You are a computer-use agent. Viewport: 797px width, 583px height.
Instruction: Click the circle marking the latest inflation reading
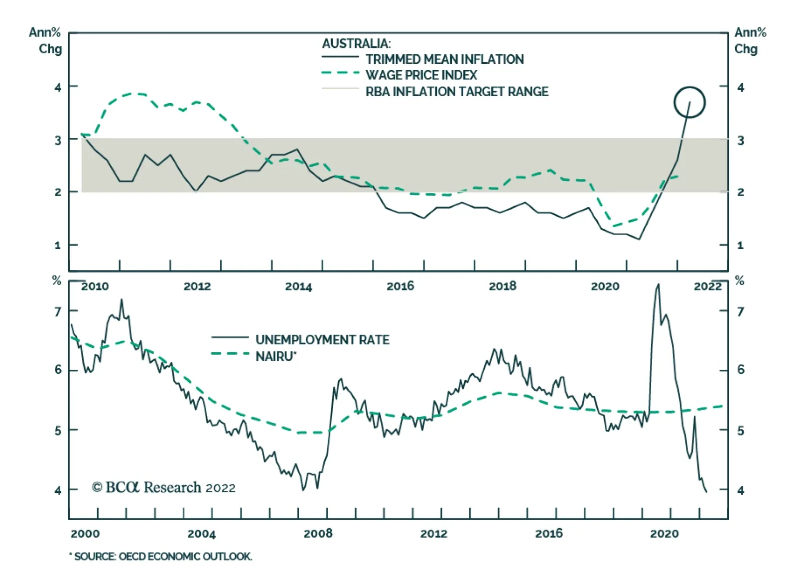tap(689, 102)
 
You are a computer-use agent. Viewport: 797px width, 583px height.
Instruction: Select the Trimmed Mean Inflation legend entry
tap(444, 59)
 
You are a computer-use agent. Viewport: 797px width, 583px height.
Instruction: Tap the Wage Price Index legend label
tap(421, 75)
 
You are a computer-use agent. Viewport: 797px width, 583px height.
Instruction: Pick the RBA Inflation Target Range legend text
tap(456, 92)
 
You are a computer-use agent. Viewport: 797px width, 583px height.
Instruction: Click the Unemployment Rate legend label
tap(322, 340)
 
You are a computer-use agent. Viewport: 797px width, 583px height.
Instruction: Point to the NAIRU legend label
tap(275, 356)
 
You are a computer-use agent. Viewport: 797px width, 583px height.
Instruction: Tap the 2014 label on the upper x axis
tap(298, 287)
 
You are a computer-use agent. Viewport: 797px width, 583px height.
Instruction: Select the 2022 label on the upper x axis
tap(707, 287)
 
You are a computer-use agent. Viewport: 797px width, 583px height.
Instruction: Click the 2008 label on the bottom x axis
tap(318, 534)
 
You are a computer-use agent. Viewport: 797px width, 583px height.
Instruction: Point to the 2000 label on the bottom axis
tap(85, 534)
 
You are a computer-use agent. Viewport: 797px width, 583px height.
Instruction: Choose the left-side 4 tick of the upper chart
tap(58, 88)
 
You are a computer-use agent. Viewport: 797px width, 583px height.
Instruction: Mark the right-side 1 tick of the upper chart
tap(740, 245)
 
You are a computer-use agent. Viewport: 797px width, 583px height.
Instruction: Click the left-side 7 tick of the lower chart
tap(58, 312)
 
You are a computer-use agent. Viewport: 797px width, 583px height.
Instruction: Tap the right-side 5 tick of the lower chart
tap(740, 431)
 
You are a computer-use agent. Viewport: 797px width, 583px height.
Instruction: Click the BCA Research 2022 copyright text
tap(163, 487)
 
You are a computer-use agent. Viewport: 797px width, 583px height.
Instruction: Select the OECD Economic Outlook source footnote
tap(162, 557)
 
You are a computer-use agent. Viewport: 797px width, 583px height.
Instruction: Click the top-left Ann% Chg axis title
tap(45, 41)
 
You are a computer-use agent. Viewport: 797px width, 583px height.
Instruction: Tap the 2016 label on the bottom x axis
tap(548, 534)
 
